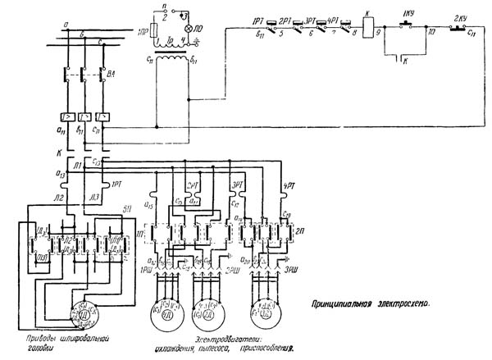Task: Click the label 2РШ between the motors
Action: click(233, 269)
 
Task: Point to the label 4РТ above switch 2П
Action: click(288, 185)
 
